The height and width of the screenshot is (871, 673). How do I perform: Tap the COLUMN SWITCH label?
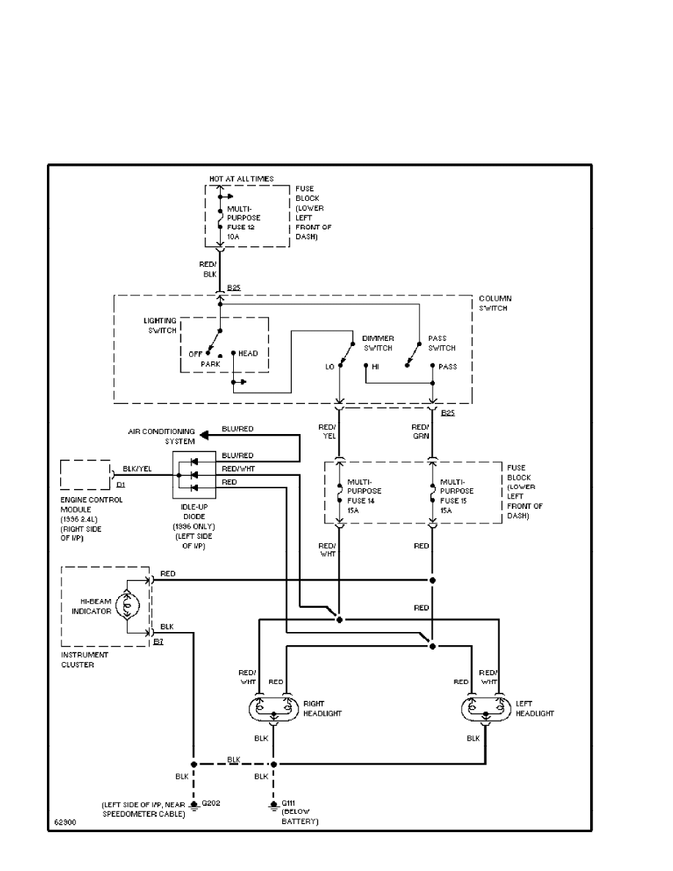[495, 303]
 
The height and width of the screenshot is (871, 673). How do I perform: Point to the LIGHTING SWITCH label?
[160, 326]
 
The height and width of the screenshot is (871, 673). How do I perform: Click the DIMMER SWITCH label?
[378, 342]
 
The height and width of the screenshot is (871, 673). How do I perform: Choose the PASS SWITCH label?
[441, 343]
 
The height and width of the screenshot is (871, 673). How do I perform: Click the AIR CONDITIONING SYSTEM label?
[162, 436]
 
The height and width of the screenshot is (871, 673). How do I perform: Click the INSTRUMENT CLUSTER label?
[85, 659]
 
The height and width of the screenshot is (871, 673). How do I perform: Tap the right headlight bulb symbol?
[273, 712]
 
